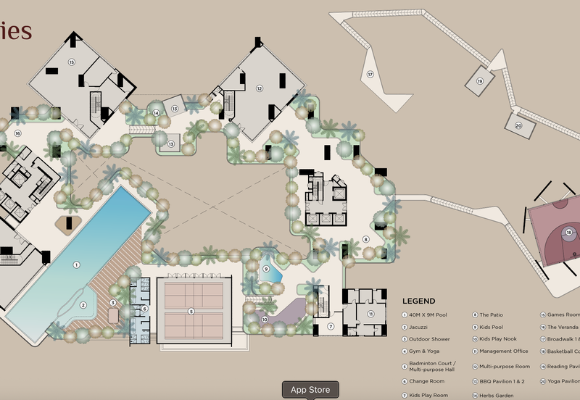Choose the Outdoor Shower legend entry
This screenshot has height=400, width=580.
[428, 339]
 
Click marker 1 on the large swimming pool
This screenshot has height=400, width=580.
[76, 265]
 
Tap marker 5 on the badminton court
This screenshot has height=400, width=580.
[191, 311]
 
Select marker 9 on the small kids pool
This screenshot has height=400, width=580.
[266, 269]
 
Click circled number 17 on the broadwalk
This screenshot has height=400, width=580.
[370, 74]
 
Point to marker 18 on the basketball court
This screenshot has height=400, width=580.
[569, 233]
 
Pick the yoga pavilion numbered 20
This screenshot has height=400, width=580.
[518, 125]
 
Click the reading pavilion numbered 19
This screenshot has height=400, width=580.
[479, 81]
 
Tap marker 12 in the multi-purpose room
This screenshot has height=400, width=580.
[259, 88]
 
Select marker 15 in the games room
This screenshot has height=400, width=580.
[72, 62]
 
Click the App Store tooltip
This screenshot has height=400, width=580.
[310, 390]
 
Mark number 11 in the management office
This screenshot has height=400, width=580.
[370, 314]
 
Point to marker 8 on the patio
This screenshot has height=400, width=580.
[365, 239]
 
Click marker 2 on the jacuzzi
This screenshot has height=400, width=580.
[83, 305]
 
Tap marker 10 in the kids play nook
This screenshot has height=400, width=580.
[265, 319]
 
